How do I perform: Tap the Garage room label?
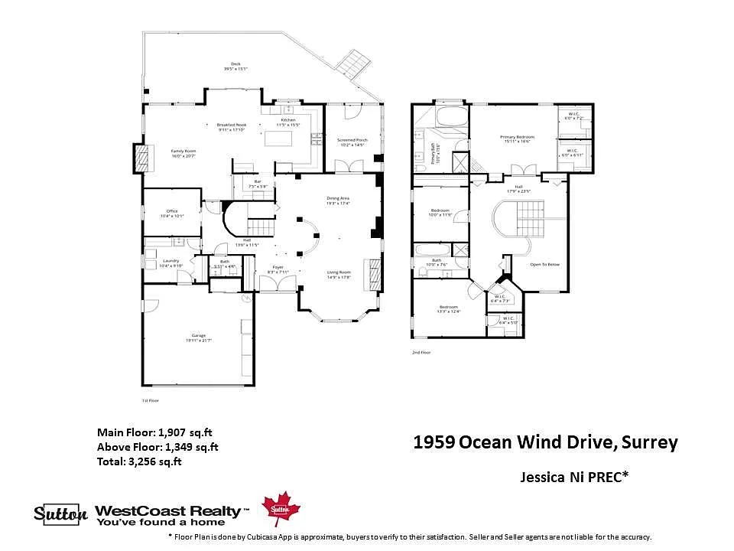coord(199,337)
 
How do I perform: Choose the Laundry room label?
coord(171,262)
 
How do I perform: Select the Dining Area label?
coord(338,200)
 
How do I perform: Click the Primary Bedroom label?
coord(518,139)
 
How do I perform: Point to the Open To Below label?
coord(544,265)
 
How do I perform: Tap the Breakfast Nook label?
coord(231,126)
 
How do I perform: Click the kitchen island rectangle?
coord(278,139)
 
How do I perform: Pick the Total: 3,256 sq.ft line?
coord(139,461)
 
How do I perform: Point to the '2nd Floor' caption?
coord(421,353)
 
